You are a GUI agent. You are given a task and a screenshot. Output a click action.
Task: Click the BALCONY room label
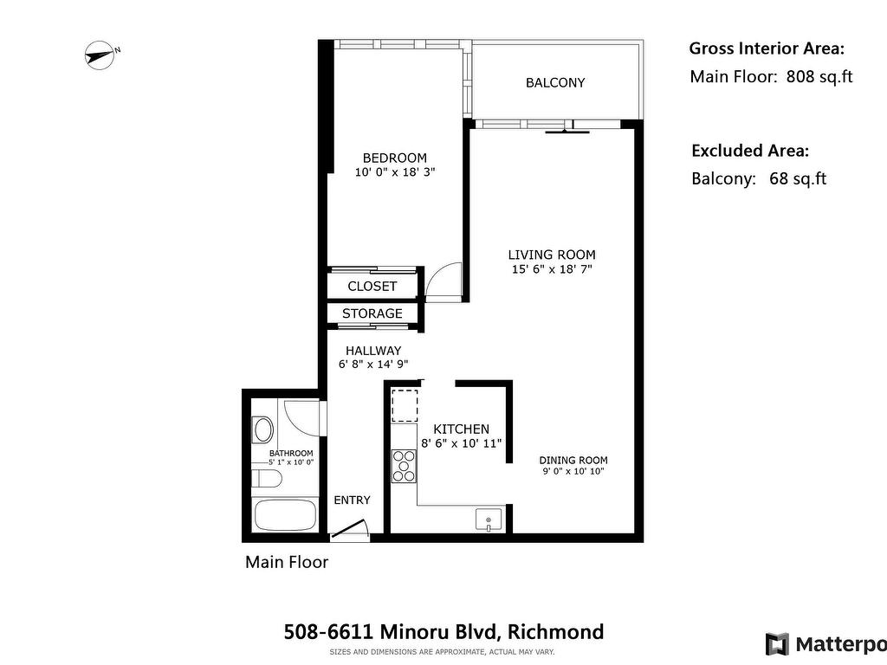555,82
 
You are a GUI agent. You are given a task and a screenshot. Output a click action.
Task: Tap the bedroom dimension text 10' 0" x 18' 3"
395,172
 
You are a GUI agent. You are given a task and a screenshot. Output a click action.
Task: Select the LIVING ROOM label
552,255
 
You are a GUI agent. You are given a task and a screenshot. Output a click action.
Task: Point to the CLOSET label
372,286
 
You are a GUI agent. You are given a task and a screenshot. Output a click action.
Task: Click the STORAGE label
372,313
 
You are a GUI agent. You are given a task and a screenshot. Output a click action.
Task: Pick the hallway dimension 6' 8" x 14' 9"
373,365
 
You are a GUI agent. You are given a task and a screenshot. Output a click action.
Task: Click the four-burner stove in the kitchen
404,466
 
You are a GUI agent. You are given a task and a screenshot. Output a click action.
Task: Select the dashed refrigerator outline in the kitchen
405,405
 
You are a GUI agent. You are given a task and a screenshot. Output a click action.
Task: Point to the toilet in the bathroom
267,478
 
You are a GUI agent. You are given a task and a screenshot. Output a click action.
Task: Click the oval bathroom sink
263,429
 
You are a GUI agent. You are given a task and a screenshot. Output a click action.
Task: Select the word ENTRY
352,500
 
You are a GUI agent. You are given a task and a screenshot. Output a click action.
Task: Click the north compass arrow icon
100,55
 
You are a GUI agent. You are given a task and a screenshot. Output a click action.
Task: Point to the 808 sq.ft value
819,76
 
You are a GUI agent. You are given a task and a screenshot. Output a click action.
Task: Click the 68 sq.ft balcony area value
798,178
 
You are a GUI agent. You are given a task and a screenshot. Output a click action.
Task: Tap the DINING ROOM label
573,461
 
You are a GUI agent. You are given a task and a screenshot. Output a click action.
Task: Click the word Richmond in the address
555,631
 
